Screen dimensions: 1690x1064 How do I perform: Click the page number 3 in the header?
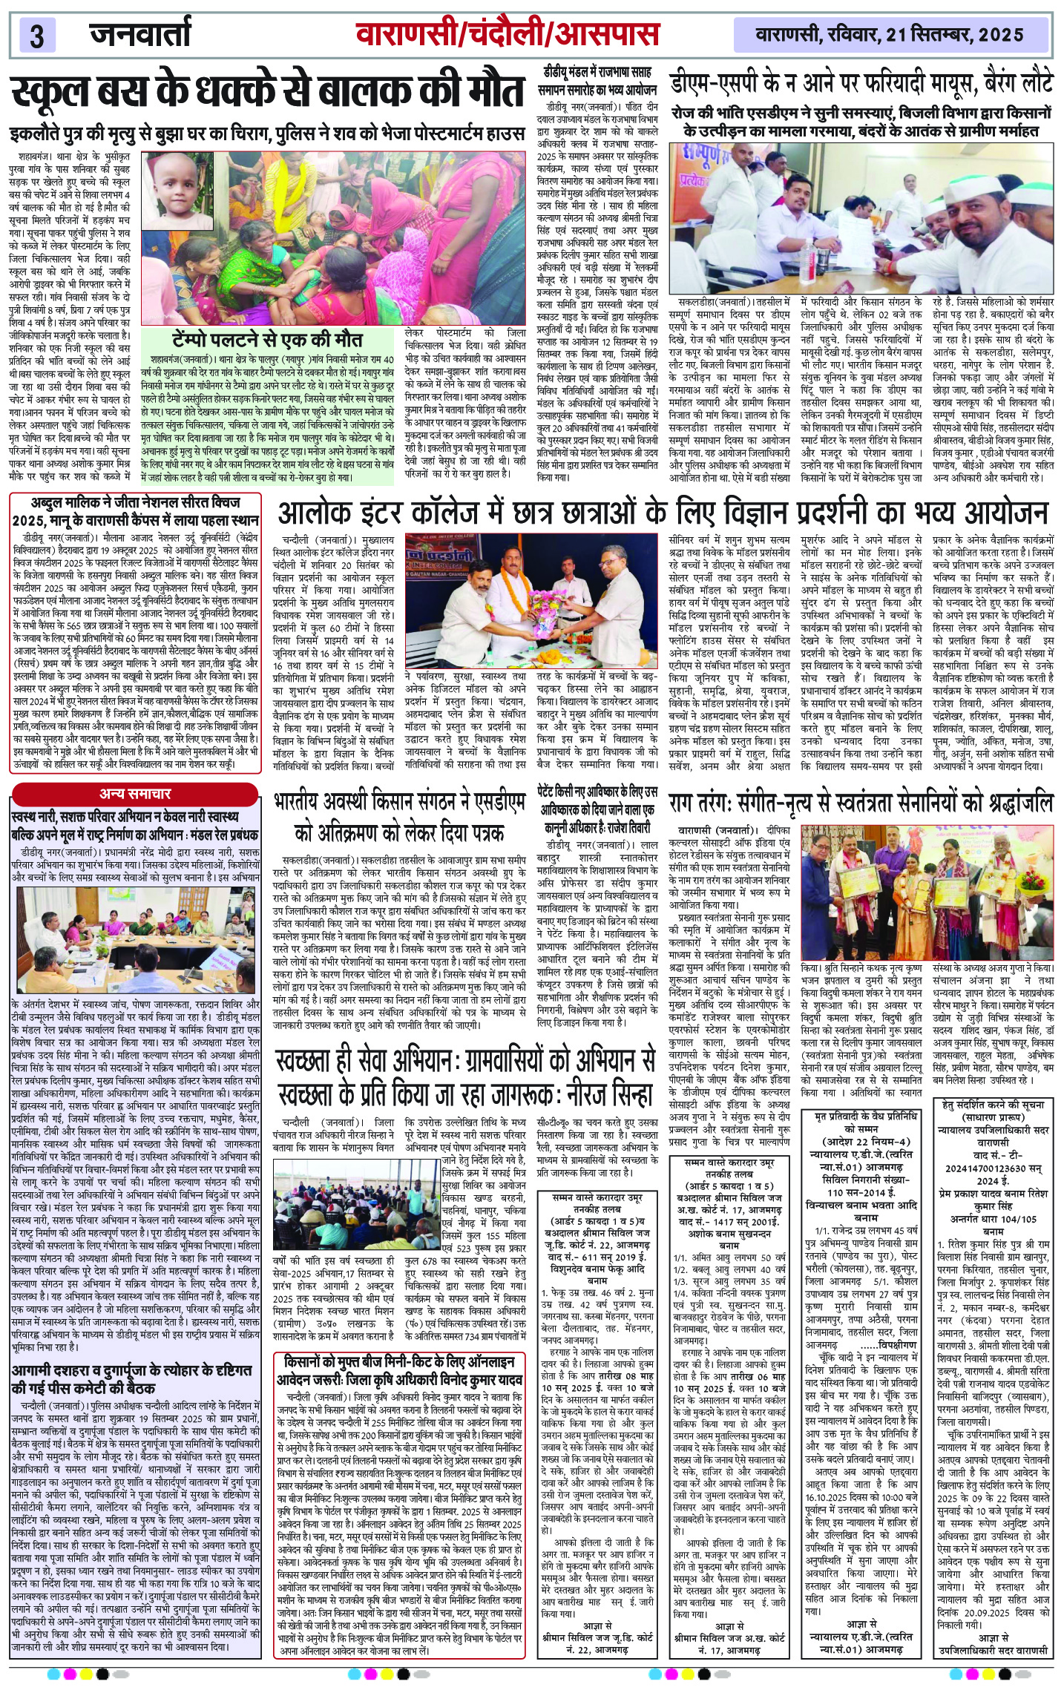(x=37, y=36)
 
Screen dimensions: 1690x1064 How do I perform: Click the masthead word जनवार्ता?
(x=141, y=34)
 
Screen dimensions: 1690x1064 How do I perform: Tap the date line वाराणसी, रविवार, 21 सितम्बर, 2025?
(x=890, y=34)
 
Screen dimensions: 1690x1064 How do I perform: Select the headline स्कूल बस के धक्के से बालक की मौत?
(x=267, y=94)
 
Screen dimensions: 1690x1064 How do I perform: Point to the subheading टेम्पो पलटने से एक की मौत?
(x=267, y=339)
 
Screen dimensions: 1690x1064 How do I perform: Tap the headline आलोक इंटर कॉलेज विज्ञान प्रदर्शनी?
(x=663, y=512)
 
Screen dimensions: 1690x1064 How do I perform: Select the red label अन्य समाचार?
(x=136, y=794)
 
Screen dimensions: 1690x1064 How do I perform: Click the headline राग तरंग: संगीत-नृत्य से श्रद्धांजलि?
(x=861, y=803)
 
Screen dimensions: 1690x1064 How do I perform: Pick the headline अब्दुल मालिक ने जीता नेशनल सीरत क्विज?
(x=136, y=511)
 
